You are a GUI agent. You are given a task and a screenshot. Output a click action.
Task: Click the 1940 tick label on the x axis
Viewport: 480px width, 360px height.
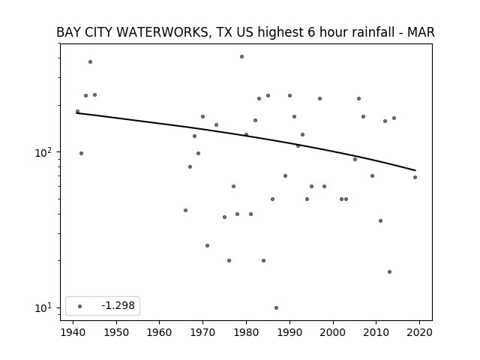click(x=73, y=332)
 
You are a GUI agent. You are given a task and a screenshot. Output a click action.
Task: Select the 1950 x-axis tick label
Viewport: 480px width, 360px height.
click(x=116, y=332)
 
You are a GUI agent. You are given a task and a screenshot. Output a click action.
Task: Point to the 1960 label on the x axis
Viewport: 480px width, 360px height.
click(x=160, y=332)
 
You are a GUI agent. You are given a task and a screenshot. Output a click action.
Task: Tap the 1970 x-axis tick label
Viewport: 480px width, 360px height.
click(x=202, y=332)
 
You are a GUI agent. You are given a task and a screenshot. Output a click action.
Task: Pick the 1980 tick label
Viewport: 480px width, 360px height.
click(x=246, y=332)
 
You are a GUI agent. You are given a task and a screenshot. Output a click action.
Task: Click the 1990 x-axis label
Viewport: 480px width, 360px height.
click(x=289, y=332)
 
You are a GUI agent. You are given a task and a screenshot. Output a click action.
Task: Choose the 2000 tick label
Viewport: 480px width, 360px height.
click(x=333, y=332)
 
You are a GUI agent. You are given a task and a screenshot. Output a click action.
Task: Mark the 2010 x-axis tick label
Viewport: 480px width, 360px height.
click(x=376, y=332)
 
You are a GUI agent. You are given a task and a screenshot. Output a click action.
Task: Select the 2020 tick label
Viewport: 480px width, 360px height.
click(x=419, y=332)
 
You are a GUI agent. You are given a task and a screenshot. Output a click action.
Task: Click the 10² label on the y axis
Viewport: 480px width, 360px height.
click(x=44, y=151)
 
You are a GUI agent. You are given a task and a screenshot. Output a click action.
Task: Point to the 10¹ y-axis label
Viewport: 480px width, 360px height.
click(x=44, y=307)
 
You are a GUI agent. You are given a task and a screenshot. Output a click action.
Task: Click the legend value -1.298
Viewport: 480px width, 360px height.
click(x=118, y=305)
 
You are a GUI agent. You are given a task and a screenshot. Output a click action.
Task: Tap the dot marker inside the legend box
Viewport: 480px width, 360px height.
click(x=80, y=306)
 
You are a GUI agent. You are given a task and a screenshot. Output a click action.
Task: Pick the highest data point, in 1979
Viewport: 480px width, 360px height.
click(x=241, y=57)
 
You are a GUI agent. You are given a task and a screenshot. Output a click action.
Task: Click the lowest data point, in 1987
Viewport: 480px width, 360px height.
click(x=277, y=307)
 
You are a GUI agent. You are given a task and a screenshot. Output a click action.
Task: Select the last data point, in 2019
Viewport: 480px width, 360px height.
click(x=415, y=177)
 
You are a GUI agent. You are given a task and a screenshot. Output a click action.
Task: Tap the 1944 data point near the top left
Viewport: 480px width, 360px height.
click(x=90, y=61)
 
